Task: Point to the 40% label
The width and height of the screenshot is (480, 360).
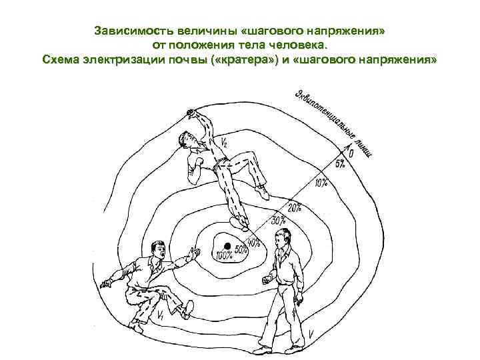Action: click(254, 238)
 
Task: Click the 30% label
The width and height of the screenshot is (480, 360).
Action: click(279, 219)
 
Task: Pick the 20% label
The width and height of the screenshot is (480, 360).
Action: click(293, 207)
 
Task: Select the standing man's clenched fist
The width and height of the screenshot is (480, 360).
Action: click(267, 280)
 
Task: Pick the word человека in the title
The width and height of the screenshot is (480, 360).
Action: click(297, 45)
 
